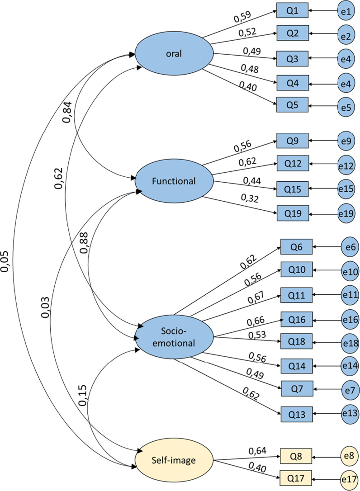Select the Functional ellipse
tap(174, 181)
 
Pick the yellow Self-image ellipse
tap(174, 461)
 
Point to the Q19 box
tap(293, 212)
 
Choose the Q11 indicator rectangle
tap(296, 295)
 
